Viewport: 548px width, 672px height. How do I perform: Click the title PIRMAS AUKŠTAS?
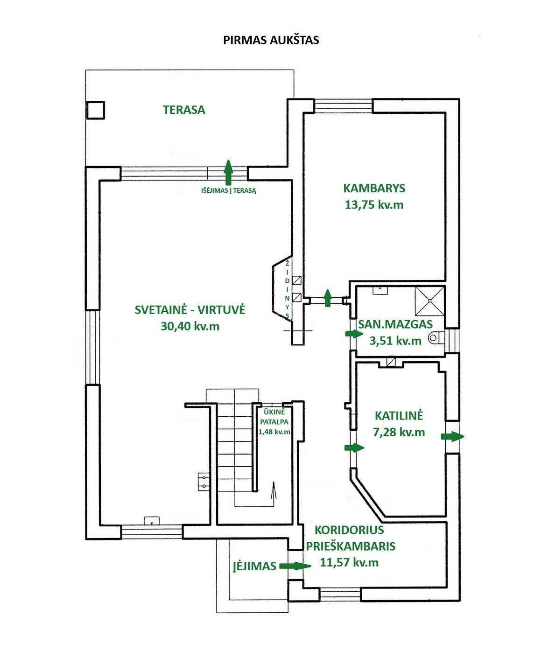tap(271, 40)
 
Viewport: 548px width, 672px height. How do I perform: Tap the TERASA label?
tap(184, 110)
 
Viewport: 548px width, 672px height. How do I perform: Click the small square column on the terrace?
tap(96, 110)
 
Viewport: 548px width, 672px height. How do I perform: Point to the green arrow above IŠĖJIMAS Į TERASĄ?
tap(228, 172)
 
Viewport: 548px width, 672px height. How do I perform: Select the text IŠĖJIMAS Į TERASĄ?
tap(229, 191)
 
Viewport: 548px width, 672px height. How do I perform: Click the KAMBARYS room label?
tap(374, 189)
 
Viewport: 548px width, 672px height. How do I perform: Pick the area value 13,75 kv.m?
tap(374, 204)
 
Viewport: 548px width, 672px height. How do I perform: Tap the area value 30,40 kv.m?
tap(190, 326)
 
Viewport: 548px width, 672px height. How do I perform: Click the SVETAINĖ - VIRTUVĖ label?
tap(190, 310)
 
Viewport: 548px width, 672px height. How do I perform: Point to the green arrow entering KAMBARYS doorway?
tap(327, 298)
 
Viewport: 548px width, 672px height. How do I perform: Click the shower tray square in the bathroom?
tap(429, 301)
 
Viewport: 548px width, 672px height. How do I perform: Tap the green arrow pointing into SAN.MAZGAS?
tap(354, 334)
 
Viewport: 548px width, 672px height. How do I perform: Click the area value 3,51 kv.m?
tap(395, 341)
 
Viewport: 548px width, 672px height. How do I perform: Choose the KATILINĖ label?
tap(399, 416)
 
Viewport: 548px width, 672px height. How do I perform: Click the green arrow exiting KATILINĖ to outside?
tap(453, 436)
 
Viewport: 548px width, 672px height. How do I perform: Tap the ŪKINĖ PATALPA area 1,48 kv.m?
tap(274, 432)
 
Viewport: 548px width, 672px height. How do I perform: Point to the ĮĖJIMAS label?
tap(254, 566)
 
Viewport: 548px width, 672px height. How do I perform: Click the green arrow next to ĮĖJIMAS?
tap(295, 566)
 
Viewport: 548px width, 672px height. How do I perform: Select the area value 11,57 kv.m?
tap(350, 563)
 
